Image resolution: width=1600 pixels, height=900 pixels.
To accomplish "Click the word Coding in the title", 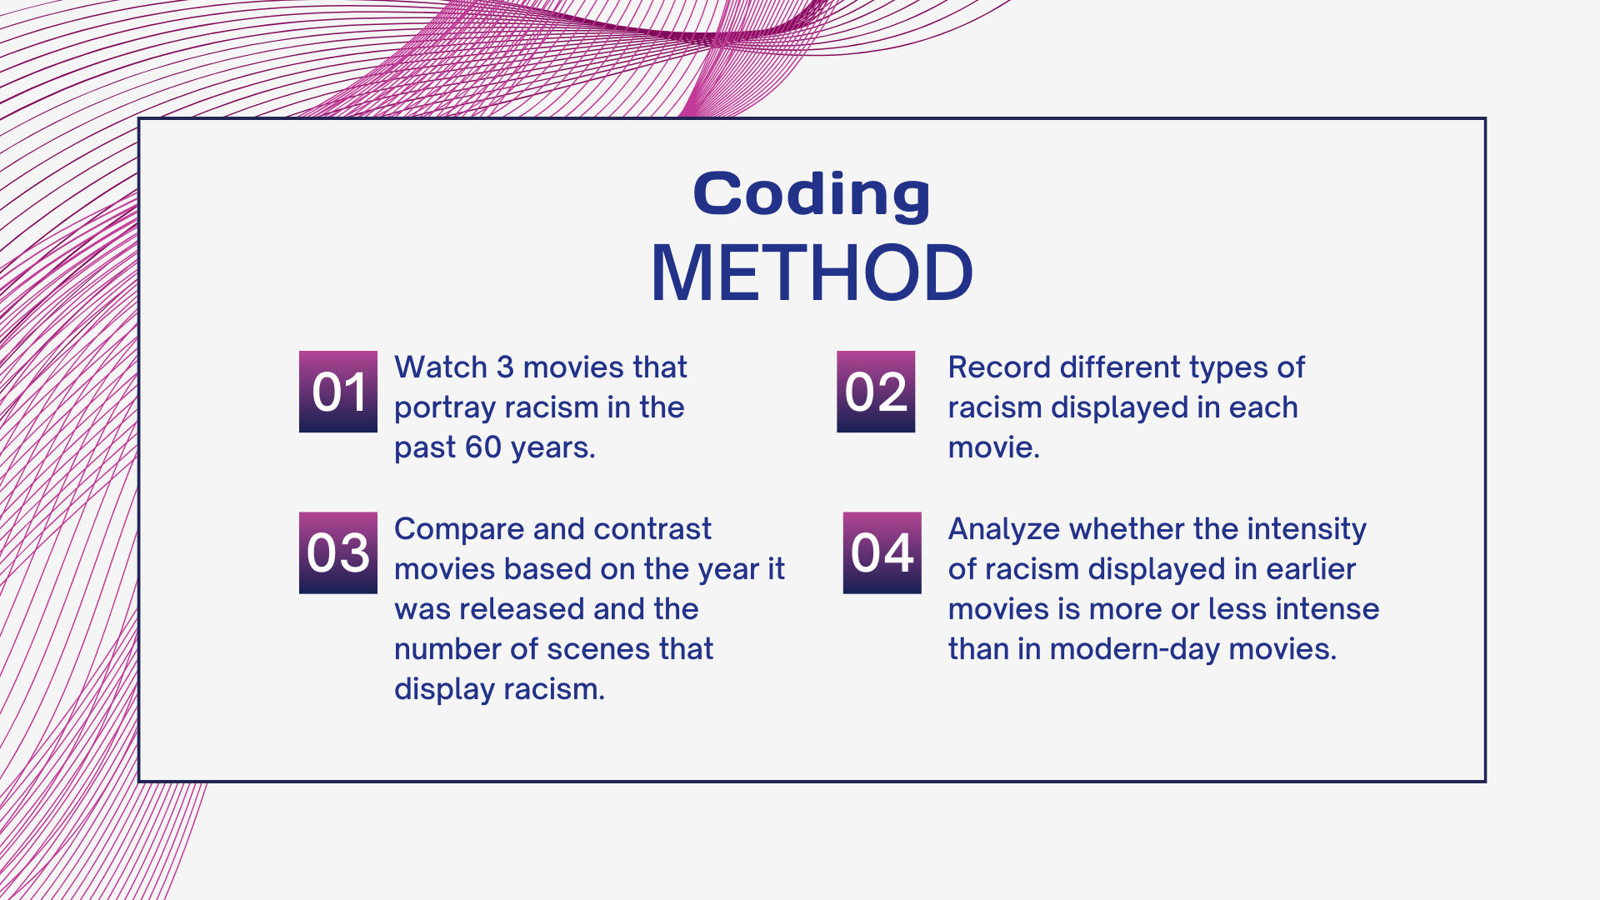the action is [812, 194].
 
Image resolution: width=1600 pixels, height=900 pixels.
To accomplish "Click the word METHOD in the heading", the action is [812, 272].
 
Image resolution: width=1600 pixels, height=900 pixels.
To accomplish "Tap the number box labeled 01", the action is [338, 392].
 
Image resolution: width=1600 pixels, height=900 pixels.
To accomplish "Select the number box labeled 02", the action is [876, 392].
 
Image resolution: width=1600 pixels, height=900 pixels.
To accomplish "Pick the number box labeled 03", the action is [338, 552].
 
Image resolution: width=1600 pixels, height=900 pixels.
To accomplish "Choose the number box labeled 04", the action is [882, 552].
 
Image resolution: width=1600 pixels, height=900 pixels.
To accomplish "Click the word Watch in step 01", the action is [441, 367].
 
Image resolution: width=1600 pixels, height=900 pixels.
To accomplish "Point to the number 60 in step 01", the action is [483, 447].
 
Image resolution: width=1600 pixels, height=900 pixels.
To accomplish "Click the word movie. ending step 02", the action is [994, 447].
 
